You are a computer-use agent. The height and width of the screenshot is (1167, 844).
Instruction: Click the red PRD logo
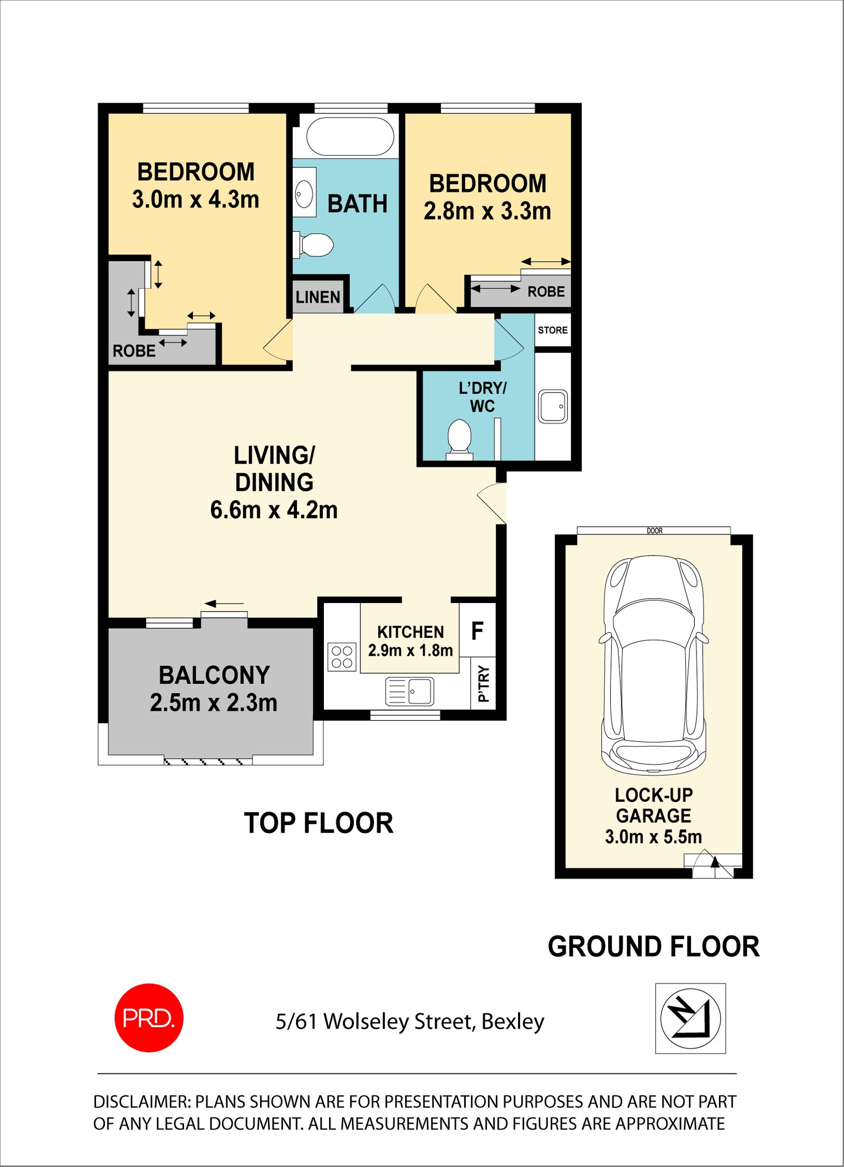click(x=149, y=1018)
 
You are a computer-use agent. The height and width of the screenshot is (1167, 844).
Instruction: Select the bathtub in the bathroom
click(x=350, y=136)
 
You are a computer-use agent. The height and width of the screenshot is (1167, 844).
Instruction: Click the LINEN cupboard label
click(x=318, y=297)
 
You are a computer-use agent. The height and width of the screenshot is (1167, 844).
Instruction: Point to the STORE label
click(x=553, y=330)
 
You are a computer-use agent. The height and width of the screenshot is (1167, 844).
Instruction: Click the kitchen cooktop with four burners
click(x=342, y=657)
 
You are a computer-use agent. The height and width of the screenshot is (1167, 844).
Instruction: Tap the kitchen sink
click(x=410, y=691)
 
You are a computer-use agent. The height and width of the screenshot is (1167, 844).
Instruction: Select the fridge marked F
click(x=477, y=630)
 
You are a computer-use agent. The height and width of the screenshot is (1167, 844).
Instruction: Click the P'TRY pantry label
click(x=483, y=684)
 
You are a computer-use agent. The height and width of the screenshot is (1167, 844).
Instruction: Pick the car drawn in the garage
click(x=654, y=665)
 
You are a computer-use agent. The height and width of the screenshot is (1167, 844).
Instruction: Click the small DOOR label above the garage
click(x=655, y=531)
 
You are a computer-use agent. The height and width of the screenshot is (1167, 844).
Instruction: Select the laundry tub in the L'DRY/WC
click(x=553, y=406)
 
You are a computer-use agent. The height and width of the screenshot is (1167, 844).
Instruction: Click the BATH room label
click(x=358, y=204)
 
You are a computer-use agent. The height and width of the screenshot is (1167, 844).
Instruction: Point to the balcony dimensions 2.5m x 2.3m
click(x=214, y=703)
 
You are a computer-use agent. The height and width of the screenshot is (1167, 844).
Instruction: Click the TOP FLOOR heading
click(x=319, y=823)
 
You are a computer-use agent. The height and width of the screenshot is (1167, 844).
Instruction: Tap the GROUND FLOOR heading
click(x=654, y=946)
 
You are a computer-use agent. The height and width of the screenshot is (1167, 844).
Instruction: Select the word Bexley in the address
click(x=513, y=1022)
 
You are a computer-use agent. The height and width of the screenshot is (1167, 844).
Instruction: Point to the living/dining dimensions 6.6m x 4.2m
click(x=274, y=510)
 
